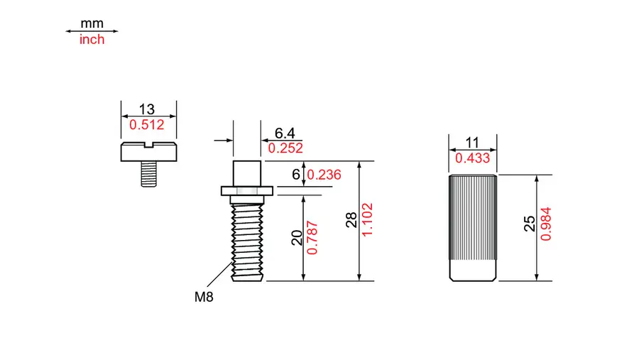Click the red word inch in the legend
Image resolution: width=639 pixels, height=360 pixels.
(x=92, y=40)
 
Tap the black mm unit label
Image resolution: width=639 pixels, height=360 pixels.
(x=92, y=23)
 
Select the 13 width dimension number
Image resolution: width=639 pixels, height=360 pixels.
(x=147, y=109)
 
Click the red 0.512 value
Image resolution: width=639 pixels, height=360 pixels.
(x=147, y=124)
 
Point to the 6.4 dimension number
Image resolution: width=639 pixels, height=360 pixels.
(x=285, y=133)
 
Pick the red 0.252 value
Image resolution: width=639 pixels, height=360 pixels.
(x=285, y=148)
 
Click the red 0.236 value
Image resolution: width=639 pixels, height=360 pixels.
(x=324, y=175)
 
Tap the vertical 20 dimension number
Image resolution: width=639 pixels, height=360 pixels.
(x=297, y=238)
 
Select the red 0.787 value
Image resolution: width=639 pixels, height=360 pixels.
(x=312, y=238)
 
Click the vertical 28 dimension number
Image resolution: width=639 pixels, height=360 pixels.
(x=351, y=219)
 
